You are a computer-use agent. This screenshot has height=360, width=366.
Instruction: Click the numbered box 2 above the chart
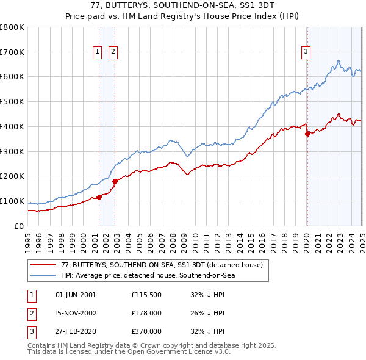113,52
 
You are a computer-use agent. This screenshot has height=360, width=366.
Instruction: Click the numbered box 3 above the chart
305,52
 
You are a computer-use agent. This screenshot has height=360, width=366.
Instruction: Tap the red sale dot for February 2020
307,134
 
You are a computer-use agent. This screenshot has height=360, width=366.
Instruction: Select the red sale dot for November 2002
115,181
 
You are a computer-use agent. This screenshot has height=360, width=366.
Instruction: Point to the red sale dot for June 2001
99,197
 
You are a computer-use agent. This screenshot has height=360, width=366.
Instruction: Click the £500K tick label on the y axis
12,102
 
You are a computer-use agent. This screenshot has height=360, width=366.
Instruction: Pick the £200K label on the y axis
12,176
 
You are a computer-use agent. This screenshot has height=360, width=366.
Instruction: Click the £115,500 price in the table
146,295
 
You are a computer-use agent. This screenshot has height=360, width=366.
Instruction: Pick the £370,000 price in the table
146,332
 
